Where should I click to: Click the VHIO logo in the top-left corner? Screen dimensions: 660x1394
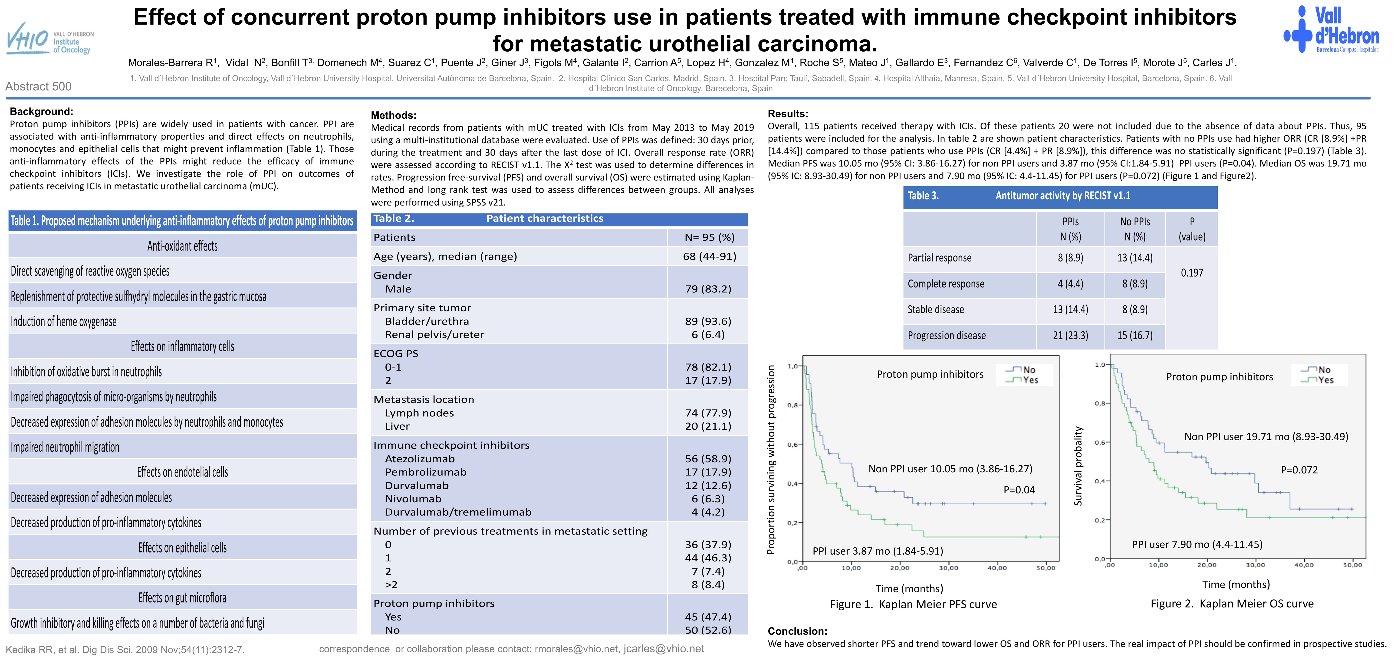click(x=49, y=39)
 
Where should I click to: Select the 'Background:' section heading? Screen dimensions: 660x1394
click(x=41, y=111)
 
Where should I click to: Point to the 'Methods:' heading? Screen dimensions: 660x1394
click(x=393, y=115)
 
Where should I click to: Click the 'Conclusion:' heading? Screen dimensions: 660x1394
click(x=797, y=631)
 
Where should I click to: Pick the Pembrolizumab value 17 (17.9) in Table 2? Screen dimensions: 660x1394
click(x=708, y=472)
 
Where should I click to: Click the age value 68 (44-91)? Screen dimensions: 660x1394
click(x=709, y=256)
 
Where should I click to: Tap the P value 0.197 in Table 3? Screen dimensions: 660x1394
click(x=1192, y=273)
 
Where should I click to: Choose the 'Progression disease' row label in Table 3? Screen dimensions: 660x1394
click(x=947, y=335)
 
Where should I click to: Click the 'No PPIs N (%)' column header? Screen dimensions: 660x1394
click(x=1135, y=229)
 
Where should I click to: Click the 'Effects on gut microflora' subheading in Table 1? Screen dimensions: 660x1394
click(x=182, y=598)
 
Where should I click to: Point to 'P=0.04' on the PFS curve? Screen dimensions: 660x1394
click(x=1019, y=490)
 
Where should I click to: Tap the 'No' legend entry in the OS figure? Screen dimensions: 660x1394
click(x=1324, y=370)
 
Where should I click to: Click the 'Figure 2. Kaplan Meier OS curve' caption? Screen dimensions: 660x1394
click(x=1232, y=604)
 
